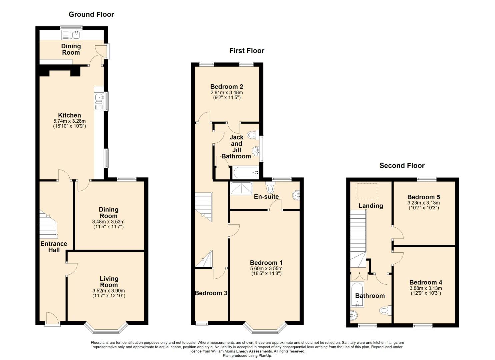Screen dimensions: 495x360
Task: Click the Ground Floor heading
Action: [91, 14]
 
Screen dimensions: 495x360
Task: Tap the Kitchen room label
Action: [69, 115]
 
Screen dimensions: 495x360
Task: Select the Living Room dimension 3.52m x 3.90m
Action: [109, 291]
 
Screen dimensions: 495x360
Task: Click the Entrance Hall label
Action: [54, 247]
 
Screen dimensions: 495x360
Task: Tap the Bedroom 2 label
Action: [227, 86]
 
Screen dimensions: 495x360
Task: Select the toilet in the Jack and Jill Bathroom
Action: [253, 135]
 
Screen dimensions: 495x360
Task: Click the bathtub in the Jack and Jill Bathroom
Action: [245, 173]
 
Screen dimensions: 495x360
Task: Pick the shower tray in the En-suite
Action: [241, 189]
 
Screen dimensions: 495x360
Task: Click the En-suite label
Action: [266, 196]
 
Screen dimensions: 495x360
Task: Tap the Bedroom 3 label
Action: [211, 293]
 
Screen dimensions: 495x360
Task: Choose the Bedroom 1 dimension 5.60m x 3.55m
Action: [266, 269]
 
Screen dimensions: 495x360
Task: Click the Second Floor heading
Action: [402, 166]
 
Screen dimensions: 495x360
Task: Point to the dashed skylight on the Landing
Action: [367, 191]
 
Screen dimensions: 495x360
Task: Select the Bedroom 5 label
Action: [423, 197]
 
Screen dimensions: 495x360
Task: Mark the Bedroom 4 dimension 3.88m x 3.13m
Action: [426, 288]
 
